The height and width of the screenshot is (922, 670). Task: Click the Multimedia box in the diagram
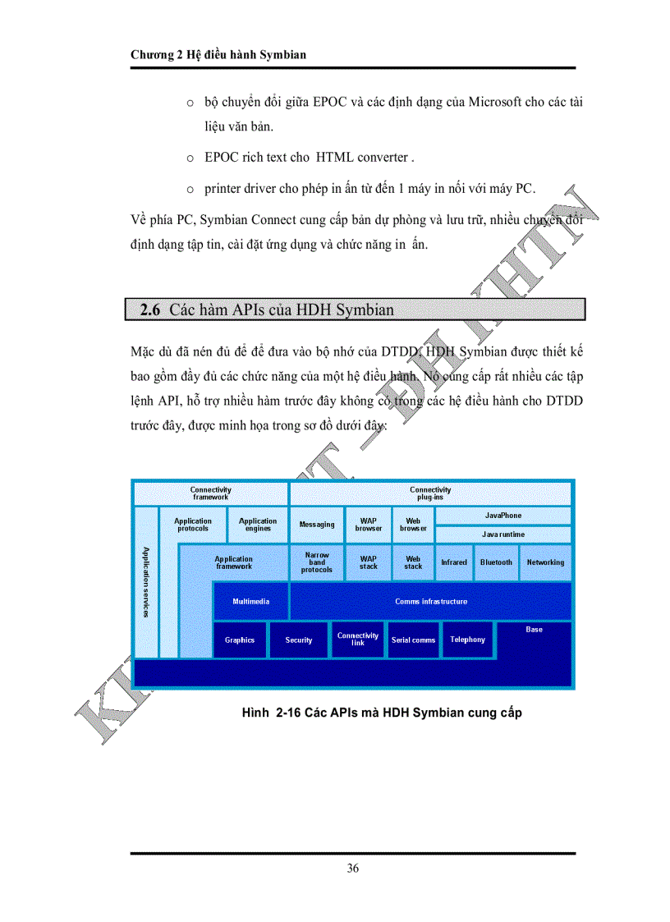click(x=250, y=602)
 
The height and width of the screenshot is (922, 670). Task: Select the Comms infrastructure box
click(x=430, y=602)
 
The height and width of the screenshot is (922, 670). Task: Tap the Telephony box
click(x=467, y=640)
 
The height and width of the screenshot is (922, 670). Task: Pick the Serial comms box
click(x=413, y=640)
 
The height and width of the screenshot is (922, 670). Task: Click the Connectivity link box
click(x=358, y=639)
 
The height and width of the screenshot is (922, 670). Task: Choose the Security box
click(x=299, y=640)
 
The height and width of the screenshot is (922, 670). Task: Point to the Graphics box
click(x=240, y=640)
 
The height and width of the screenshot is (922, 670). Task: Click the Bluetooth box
click(x=496, y=562)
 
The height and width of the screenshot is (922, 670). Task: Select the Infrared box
click(x=454, y=562)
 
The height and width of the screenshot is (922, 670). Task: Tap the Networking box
click(x=545, y=562)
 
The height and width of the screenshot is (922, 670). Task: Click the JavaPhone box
click(x=502, y=516)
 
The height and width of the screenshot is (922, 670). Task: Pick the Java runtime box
click(x=502, y=534)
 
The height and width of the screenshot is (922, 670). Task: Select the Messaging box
click(x=317, y=525)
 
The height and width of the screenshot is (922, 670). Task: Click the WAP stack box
click(x=369, y=562)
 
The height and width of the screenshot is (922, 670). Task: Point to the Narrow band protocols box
click(x=317, y=562)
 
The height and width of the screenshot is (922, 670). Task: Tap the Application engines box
click(x=258, y=525)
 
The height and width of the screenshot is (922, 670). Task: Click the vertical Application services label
click(x=145, y=582)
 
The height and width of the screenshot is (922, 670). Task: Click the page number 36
click(x=352, y=868)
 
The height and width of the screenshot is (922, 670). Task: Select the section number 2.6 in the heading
click(x=150, y=310)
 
